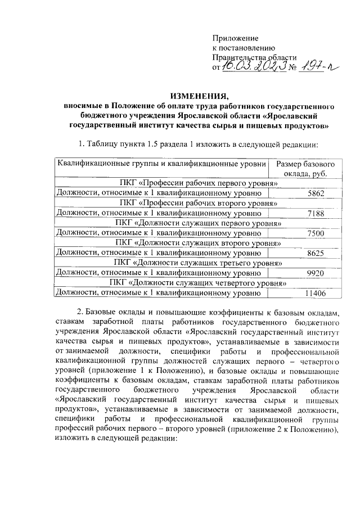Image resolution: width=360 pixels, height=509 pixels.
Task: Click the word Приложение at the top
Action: [235, 38]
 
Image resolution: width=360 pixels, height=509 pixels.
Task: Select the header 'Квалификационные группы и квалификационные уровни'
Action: [160, 164]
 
